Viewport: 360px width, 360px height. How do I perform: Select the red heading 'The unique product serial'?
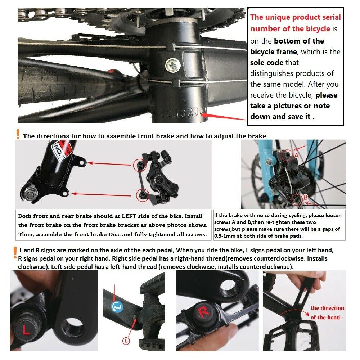295,17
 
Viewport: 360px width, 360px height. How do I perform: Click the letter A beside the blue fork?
296,156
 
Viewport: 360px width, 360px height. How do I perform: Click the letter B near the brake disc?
305,197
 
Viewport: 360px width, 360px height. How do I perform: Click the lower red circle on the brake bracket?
142,195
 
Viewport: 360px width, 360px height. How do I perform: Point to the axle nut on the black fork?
29,194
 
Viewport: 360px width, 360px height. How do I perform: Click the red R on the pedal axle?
204,312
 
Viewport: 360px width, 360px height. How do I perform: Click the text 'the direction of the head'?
327,312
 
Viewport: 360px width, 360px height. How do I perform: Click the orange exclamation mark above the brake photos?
18,134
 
